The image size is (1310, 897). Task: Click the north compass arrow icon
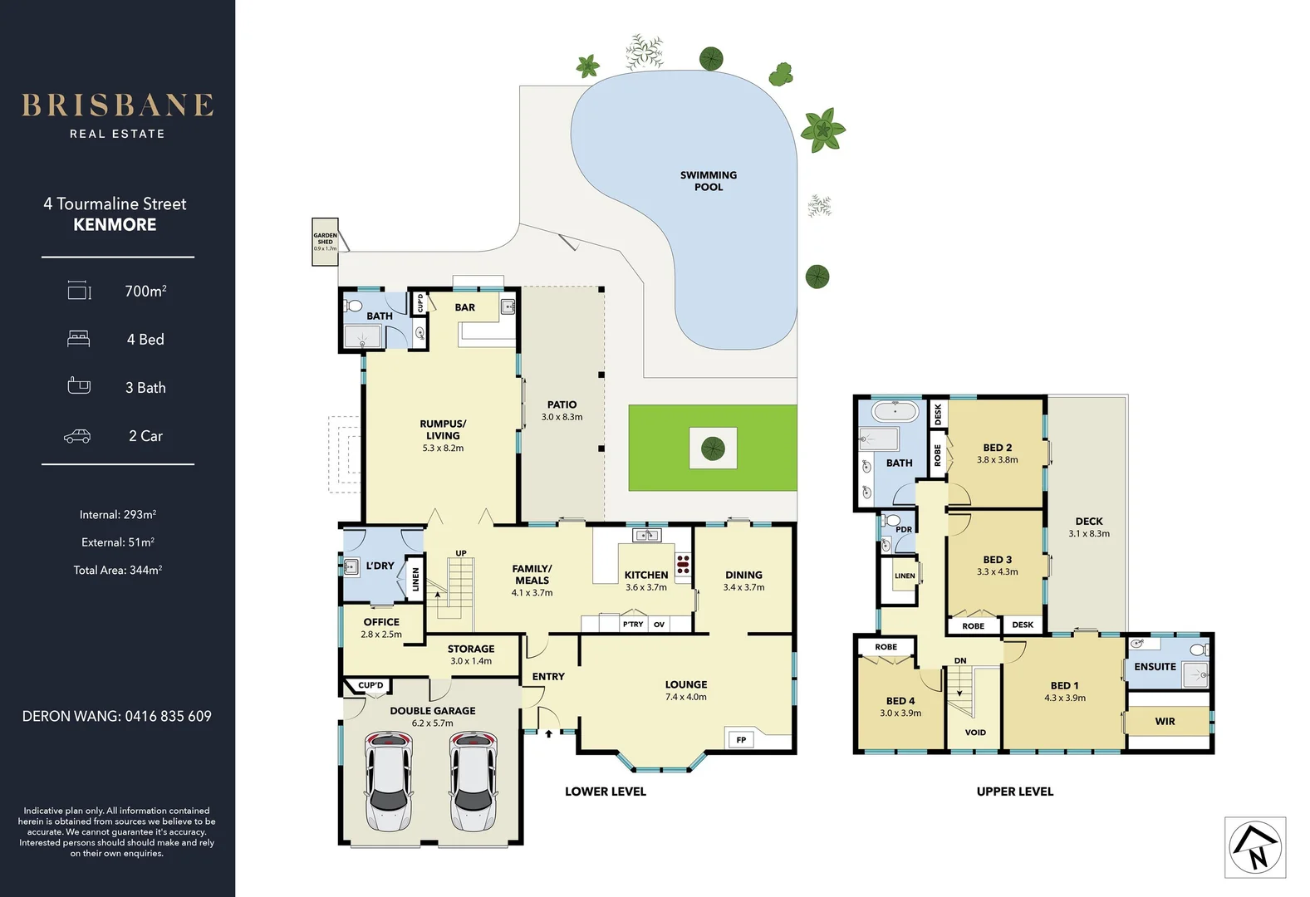1254,847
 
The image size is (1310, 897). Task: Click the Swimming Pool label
709,181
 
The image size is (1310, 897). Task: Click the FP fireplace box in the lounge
741,739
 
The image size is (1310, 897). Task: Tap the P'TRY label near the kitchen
633,624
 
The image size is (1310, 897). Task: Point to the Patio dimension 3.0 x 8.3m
562,417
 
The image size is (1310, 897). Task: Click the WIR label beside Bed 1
1165,722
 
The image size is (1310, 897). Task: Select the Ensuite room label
1155,667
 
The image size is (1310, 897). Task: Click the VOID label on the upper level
975,733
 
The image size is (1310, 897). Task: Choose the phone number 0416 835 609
168,716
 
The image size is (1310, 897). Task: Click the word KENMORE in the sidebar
115,225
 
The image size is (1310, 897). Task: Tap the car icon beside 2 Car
77,436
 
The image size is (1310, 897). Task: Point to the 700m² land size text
145,291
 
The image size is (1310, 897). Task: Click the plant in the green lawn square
713,448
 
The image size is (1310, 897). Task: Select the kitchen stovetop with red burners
683,564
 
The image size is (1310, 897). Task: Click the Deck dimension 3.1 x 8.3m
1088,534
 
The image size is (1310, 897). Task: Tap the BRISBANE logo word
117,105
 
